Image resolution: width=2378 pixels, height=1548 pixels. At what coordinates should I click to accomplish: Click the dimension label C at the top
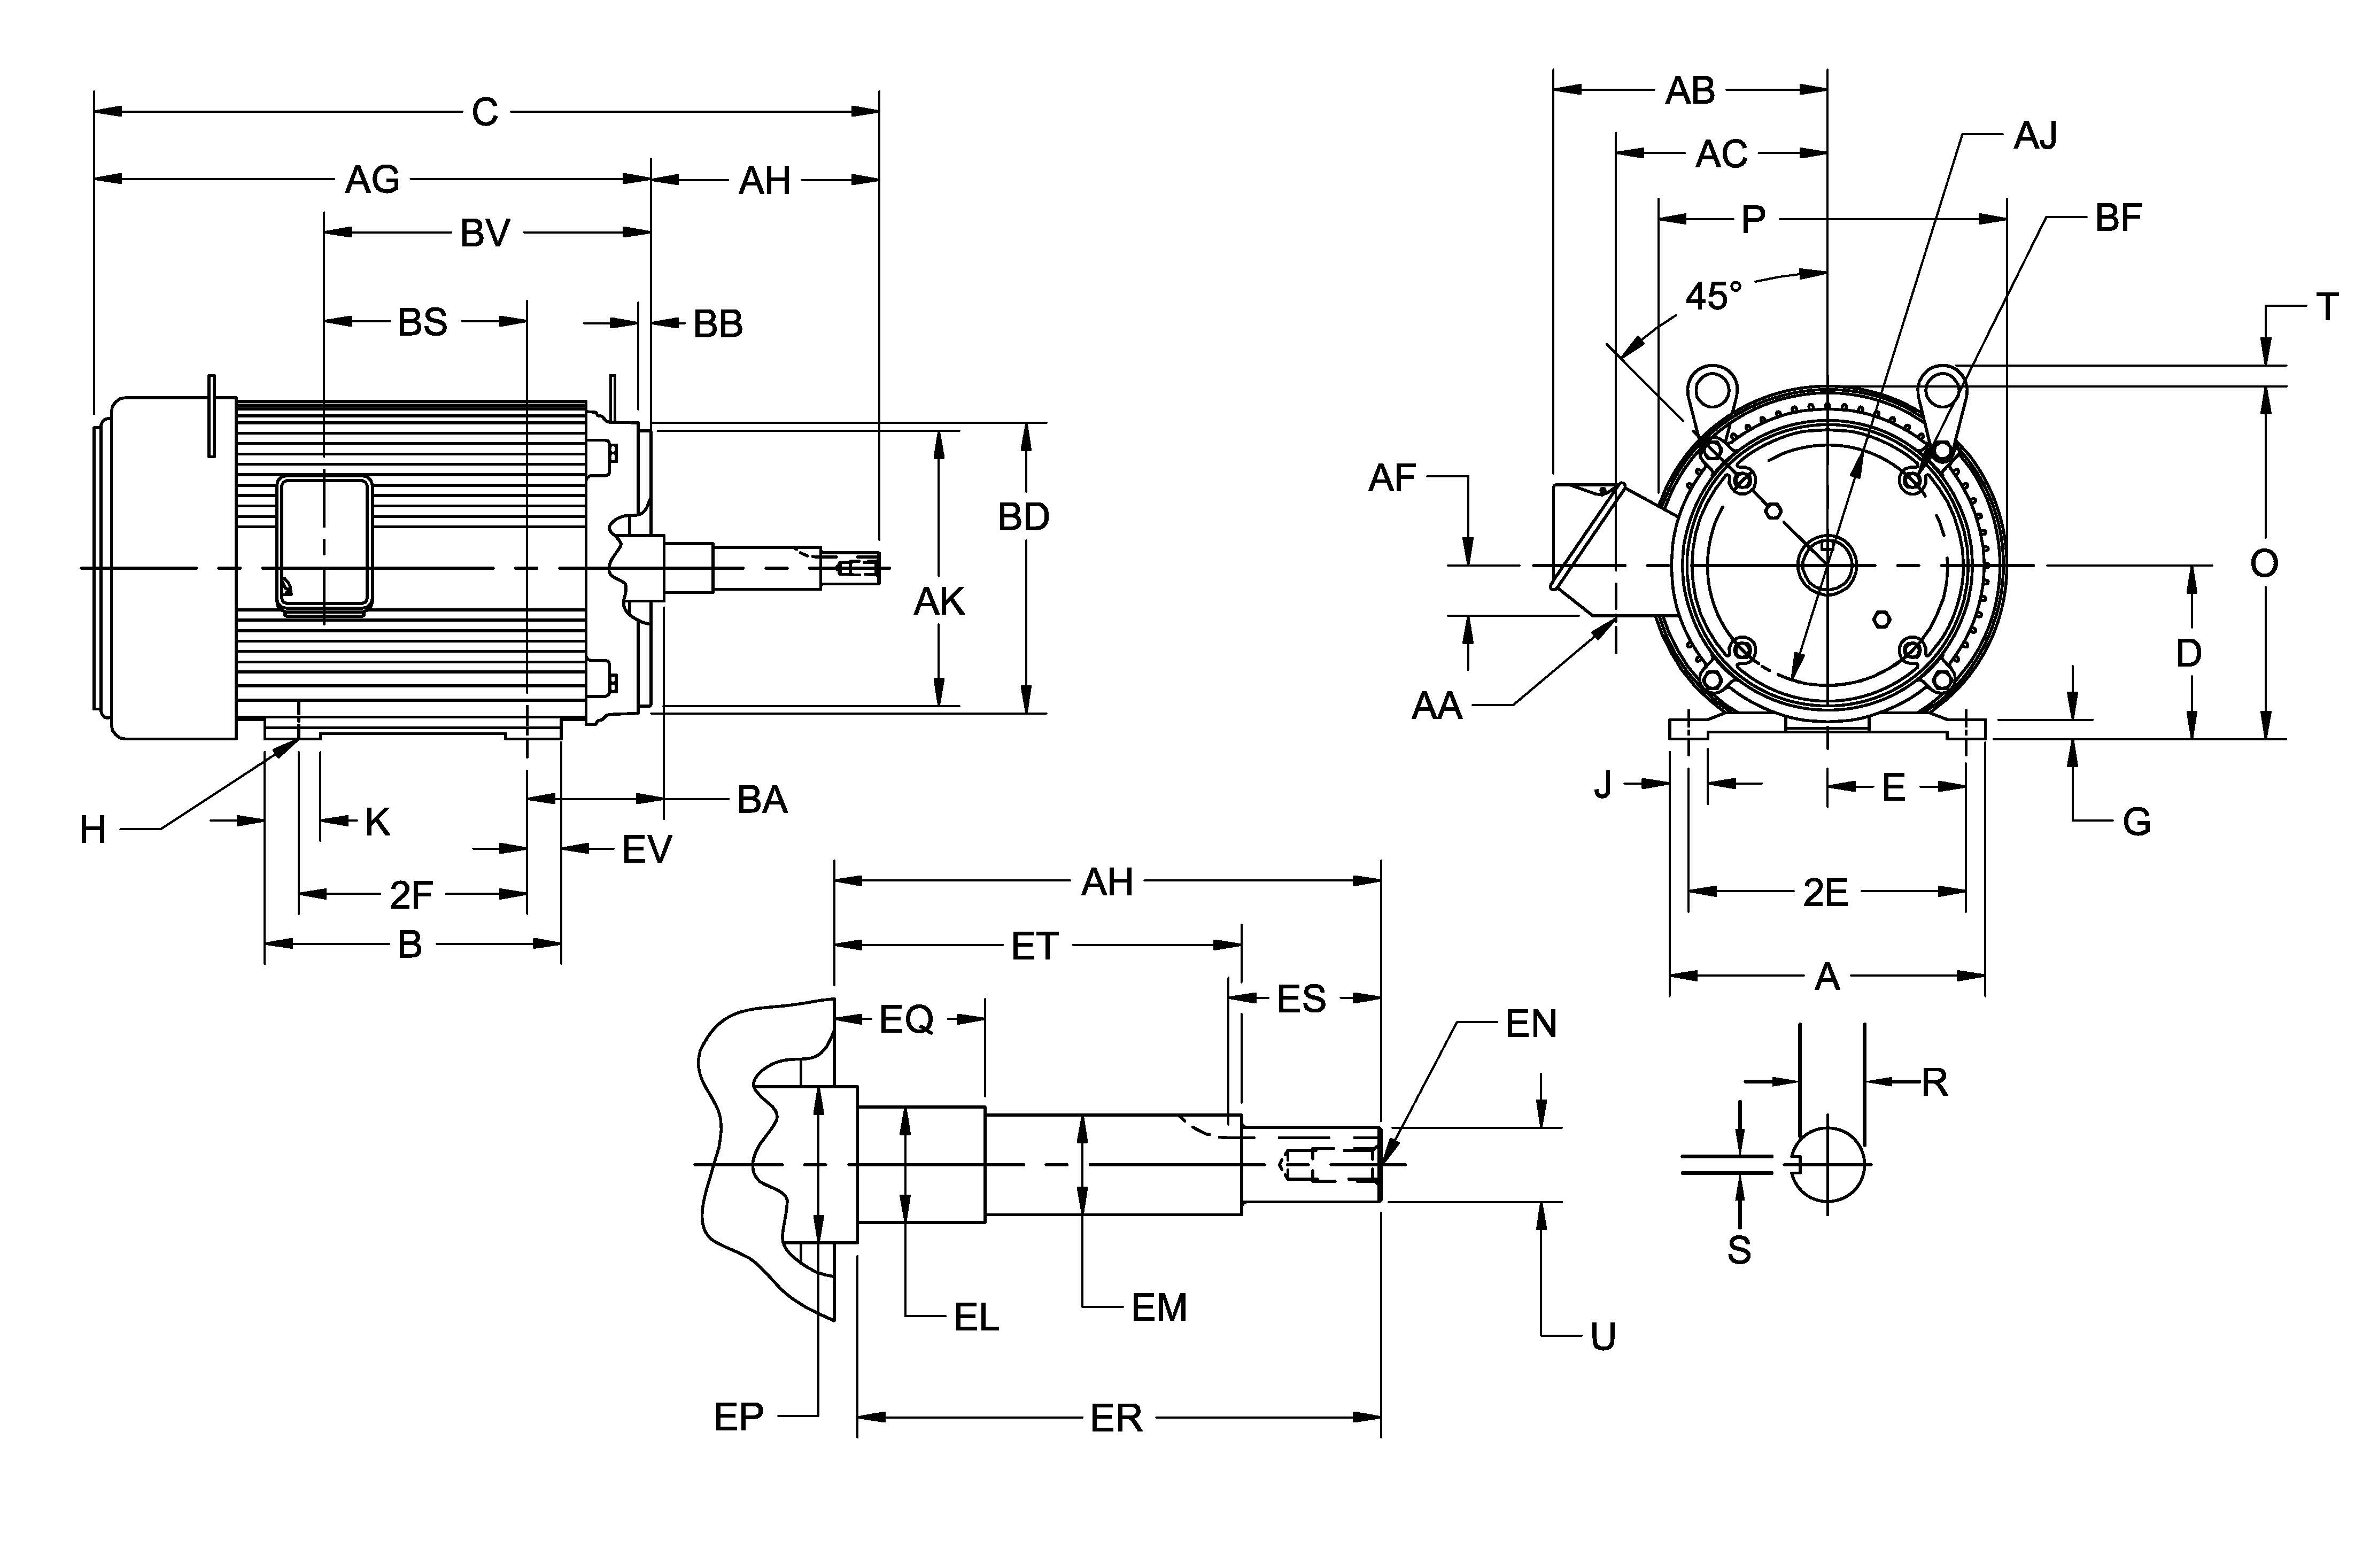point(485,112)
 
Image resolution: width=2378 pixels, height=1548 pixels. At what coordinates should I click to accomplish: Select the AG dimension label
point(371,180)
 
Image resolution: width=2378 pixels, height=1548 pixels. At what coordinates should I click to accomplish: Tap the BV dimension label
point(485,234)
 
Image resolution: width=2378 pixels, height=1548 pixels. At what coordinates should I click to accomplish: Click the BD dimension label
point(1023,517)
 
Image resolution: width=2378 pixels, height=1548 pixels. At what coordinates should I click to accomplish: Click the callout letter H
point(93,830)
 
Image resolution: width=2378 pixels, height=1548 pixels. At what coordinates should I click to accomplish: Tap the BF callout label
point(2118,218)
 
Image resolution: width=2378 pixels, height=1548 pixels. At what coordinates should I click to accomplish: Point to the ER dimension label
point(1116,1418)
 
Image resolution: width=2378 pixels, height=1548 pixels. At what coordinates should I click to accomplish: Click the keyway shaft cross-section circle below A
point(1827,1164)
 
